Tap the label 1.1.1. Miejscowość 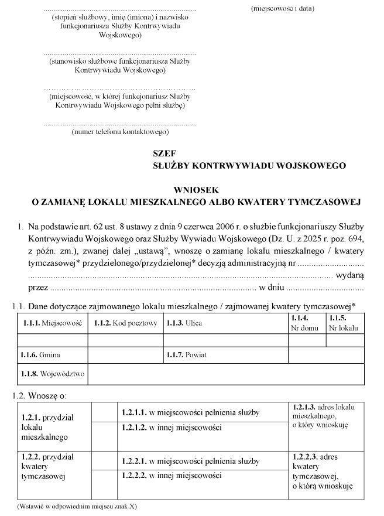click(52, 323)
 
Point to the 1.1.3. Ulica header click(184, 323)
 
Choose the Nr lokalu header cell click(343, 323)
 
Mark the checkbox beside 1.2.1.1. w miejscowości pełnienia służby click(103, 412)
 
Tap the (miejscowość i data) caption click(283, 9)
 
